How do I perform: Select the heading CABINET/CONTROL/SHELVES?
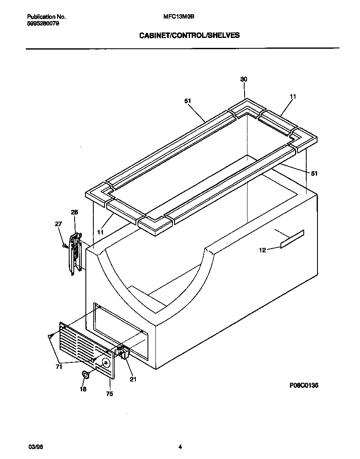tap(189, 35)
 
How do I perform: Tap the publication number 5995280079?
tap(43, 23)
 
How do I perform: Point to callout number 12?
tap(262, 250)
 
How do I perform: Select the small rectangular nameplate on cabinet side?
tap(292, 239)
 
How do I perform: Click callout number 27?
tap(58, 224)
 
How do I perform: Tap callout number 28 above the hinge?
tap(74, 212)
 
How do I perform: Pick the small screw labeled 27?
tap(65, 246)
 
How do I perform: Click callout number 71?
tap(59, 367)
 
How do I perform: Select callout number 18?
tap(83, 389)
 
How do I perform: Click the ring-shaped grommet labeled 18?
tap(86, 375)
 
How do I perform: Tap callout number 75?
tap(109, 393)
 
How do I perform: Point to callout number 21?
tap(133, 379)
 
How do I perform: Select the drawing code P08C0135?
tap(304, 386)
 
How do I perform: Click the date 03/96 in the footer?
tap(35, 447)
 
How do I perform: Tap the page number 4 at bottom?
tap(180, 447)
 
